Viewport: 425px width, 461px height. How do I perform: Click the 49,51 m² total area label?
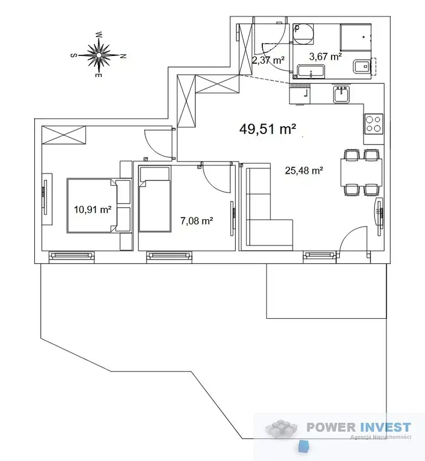click(x=267, y=129)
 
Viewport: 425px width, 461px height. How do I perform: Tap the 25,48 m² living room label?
click(x=304, y=170)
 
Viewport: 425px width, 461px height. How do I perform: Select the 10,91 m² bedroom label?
click(x=92, y=210)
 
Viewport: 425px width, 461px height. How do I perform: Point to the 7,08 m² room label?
click(x=196, y=220)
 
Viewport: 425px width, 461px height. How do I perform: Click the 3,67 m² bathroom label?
click(x=325, y=56)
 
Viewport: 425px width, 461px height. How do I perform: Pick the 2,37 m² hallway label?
click(x=268, y=60)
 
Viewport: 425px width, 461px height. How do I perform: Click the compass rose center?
click(x=99, y=55)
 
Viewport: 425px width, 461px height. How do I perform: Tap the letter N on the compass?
click(x=123, y=55)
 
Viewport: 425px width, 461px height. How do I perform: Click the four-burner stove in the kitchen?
click(x=374, y=124)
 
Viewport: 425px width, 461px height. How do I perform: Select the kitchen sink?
click(x=341, y=94)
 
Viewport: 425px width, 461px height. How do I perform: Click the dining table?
click(x=361, y=172)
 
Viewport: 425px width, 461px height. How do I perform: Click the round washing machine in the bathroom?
click(x=304, y=34)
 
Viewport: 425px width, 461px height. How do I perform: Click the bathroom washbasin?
click(x=311, y=72)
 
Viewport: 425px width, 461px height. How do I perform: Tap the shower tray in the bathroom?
click(x=356, y=37)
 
